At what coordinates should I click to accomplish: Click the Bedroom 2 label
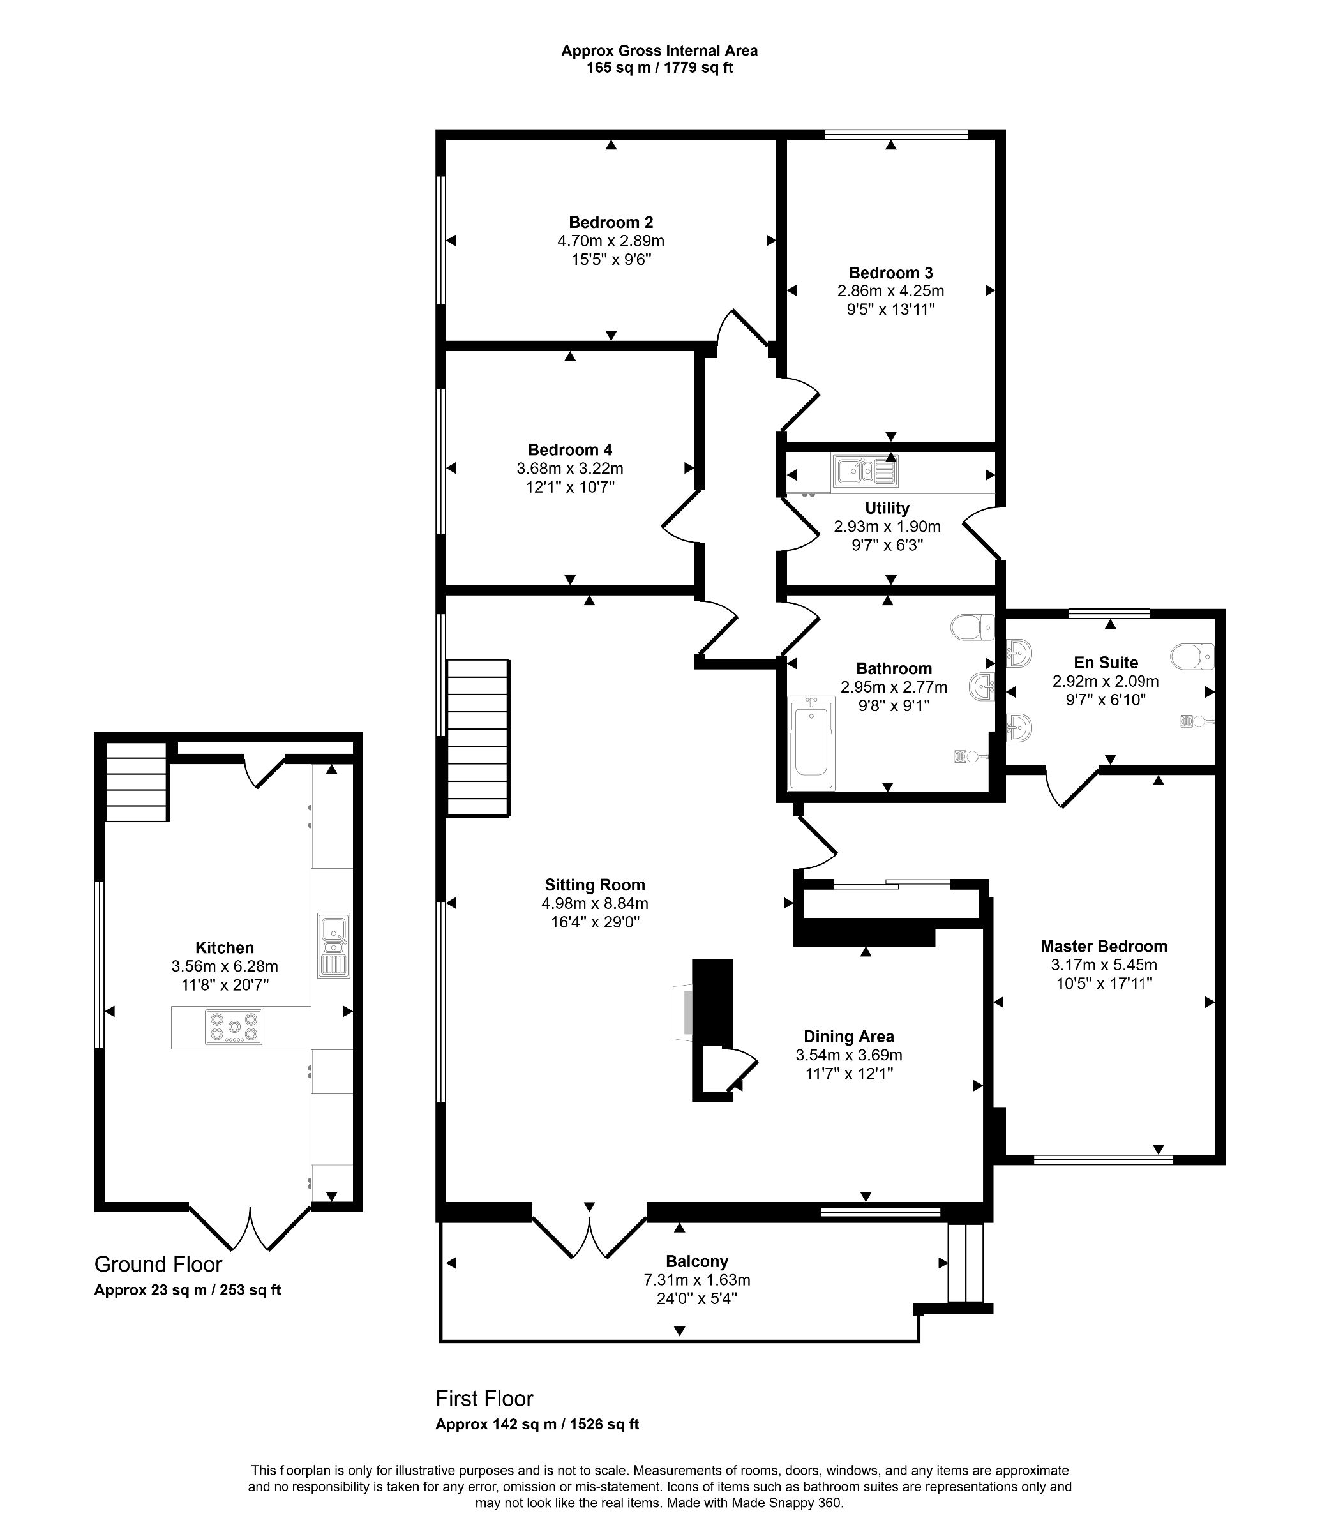(610, 222)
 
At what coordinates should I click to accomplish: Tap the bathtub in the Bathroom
(811, 744)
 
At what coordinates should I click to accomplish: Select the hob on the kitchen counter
(234, 1027)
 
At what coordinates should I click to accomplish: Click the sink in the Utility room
(864, 471)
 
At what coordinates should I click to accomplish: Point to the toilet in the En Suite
(1191, 655)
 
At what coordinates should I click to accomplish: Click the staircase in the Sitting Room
(477, 737)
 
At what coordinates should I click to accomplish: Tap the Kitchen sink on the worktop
(334, 945)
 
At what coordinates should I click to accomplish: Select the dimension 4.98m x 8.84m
(594, 903)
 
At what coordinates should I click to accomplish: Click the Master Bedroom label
(1104, 945)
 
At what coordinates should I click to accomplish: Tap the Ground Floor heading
(158, 1264)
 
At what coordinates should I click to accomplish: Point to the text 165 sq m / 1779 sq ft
(659, 68)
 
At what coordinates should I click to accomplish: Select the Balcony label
(696, 1261)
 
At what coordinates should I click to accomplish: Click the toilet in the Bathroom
(972, 627)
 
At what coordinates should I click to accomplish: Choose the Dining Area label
(848, 1037)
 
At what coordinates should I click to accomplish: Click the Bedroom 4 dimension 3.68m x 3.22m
(569, 468)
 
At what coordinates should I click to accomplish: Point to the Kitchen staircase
(136, 781)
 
